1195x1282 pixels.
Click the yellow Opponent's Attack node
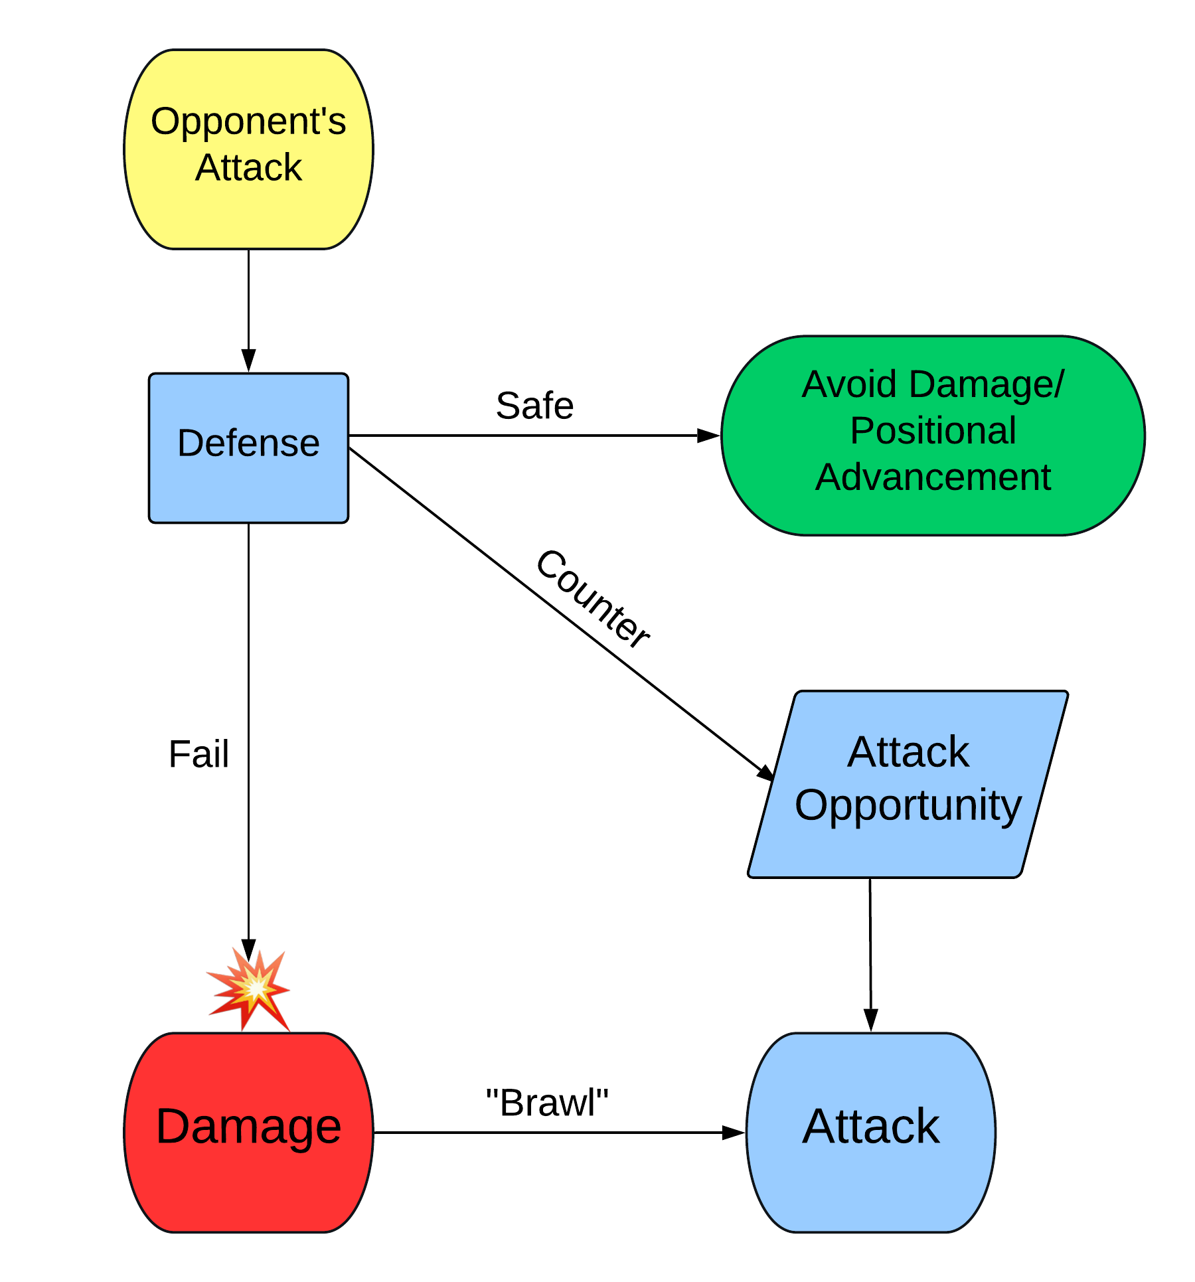248,149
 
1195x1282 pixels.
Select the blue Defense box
248,448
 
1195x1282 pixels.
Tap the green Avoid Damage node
933,435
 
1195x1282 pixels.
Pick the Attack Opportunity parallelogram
908,783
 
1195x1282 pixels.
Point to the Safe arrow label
534,406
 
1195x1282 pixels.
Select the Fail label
199,754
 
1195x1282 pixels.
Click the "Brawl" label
547,1103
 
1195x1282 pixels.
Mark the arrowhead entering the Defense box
248,361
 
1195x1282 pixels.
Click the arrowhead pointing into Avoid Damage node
708,436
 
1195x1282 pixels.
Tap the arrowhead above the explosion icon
248,949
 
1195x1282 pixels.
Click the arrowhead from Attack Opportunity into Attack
870,1020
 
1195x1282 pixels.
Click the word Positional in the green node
933,430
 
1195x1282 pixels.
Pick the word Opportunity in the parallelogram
908,805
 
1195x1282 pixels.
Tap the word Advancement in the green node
933,477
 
